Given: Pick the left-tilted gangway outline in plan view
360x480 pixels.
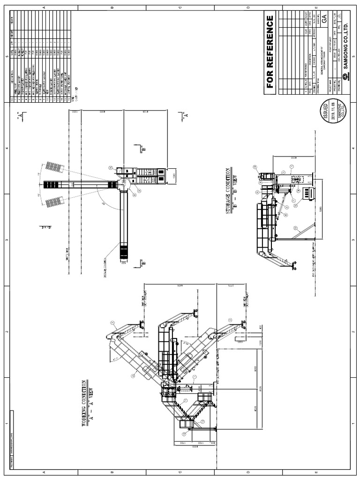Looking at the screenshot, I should click(x=54, y=166).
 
